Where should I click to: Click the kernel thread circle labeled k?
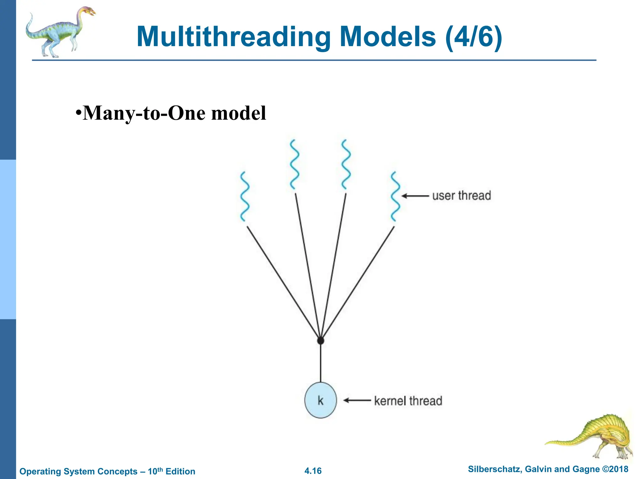pos(320,400)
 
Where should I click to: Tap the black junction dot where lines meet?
pos(320,341)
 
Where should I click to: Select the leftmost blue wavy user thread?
pos(245,196)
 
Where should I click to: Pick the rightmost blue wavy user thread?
pos(395,196)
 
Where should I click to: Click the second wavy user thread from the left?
pos(294,164)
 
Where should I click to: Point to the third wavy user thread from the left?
pos(346,164)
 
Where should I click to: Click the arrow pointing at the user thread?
pos(415,196)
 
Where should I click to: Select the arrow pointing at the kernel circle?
pos(357,400)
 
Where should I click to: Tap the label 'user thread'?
pos(461,196)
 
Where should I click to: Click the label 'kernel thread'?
pos(408,401)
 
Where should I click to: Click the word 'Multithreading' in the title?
pos(233,37)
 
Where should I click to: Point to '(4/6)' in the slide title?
pos(474,37)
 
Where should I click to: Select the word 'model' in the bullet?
pos(239,113)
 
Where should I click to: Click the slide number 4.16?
pos(313,471)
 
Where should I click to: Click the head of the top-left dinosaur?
pos(89,12)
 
